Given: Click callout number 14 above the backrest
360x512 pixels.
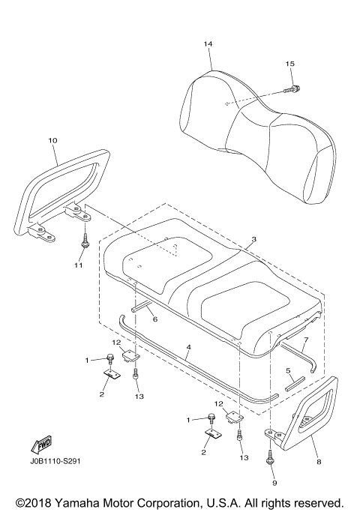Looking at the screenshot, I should (x=208, y=44).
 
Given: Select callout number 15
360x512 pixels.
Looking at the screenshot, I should (x=290, y=64).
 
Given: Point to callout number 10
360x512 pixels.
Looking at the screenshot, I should (x=52, y=140).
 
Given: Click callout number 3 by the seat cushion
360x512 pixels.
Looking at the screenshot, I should (x=253, y=239).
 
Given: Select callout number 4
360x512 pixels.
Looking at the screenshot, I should (x=189, y=347).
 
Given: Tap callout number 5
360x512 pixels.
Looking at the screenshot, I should (x=287, y=370).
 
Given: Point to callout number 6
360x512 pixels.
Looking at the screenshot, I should (x=154, y=319).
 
